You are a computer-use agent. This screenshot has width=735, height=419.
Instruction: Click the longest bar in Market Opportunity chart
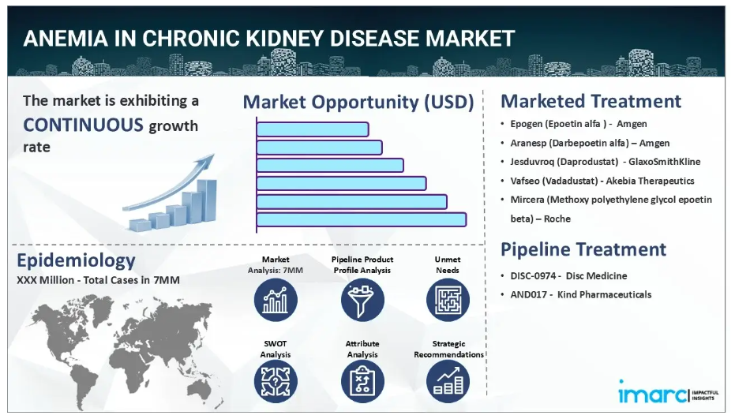coord(362,219)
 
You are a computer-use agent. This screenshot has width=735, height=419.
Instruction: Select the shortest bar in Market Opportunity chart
coord(313,129)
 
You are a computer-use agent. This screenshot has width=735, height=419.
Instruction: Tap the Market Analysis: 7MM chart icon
coord(276,300)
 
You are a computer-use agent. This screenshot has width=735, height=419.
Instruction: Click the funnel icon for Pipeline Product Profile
coord(362,300)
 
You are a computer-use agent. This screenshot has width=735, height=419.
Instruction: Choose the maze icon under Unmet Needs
coord(448,300)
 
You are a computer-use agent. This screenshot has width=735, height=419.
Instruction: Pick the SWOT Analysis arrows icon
coord(276,381)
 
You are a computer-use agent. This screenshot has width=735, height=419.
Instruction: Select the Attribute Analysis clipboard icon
coord(362,381)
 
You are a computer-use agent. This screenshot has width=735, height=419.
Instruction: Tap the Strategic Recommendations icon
coord(448,381)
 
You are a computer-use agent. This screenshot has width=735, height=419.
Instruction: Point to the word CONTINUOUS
coord(83,125)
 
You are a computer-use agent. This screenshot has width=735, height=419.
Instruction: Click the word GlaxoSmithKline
coord(664,162)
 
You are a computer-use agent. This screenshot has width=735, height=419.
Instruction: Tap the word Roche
coord(557,219)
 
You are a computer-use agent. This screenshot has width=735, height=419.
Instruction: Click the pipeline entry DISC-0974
coord(533,276)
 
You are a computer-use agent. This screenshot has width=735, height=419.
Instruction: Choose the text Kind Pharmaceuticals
coord(604,295)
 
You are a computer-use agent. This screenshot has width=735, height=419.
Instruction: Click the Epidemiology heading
coord(76,260)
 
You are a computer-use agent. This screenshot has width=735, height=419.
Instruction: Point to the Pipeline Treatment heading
coord(583,249)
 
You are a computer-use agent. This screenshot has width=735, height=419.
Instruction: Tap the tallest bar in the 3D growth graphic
coord(207,200)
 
